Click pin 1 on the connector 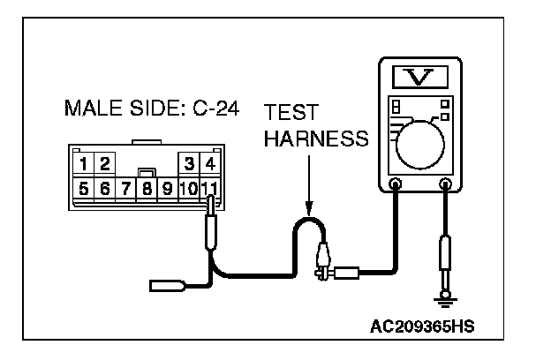pyautogui.click(x=84, y=163)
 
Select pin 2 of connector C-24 pyautogui.click(x=103, y=163)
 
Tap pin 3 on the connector pyautogui.click(x=188, y=163)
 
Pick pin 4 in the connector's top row pyautogui.click(x=208, y=163)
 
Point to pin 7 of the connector pyautogui.click(x=125, y=187)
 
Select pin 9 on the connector pyautogui.click(x=167, y=187)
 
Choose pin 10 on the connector pyautogui.click(x=187, y=187)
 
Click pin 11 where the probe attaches pyautogui.click(x=208, y=187)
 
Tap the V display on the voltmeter pyautogui.click(x=420, y=79)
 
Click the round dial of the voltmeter pyautogui.click(x=422, y=141)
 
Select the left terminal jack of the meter pyautogui.click(x=395, y=185)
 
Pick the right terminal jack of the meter pyautogui.click(x=446, y=185)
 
